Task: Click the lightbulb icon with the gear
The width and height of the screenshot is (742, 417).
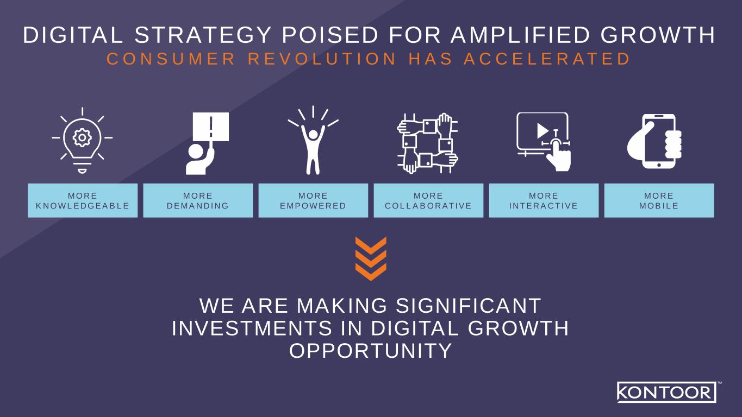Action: [82, 140]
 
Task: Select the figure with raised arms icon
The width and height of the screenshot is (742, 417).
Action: [313, 140]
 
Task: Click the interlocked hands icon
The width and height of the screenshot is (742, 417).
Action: [428, 143]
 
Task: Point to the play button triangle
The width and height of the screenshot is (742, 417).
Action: [543, 131]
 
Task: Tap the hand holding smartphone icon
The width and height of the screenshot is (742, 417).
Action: [654, 141]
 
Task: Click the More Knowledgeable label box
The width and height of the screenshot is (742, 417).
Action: [83, 200]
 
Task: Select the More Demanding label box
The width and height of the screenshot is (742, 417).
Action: [198, 200]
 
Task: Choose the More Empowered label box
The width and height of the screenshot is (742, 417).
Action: [313, 200]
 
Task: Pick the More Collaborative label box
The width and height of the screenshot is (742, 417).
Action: [429, 200]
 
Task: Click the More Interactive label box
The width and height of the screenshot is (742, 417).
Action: [544, 200]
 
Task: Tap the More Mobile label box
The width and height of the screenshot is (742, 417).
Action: [659, 200]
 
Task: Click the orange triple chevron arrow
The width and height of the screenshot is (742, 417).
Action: [371, 259]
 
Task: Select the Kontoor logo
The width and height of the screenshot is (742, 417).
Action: [667, 392]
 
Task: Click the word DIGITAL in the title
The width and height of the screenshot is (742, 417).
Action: [73, 35]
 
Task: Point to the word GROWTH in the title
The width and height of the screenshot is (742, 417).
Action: [658, 35]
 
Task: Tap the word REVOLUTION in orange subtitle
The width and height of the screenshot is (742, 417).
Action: [322, 59]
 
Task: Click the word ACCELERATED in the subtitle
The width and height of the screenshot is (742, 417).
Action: [547, 59]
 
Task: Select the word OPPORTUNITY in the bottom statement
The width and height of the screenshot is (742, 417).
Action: [371, 351]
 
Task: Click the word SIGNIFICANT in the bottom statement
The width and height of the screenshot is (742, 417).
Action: [469, 306]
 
